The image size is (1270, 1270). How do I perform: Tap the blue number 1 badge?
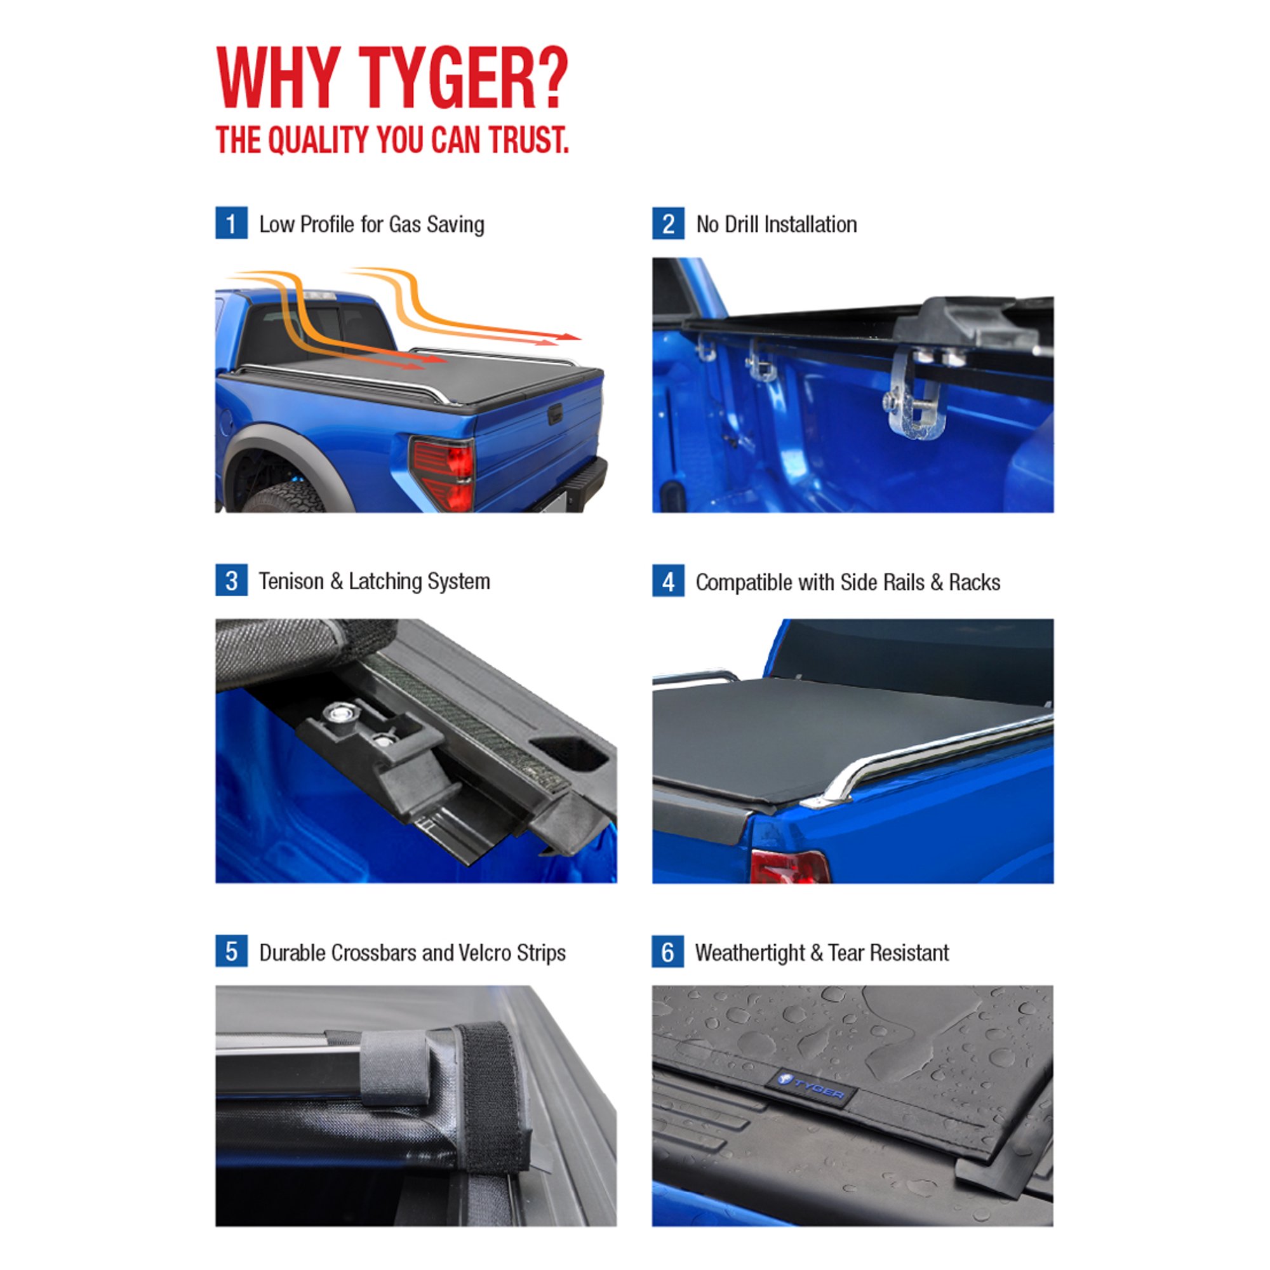point(231,224)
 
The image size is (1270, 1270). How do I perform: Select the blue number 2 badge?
point(668,224)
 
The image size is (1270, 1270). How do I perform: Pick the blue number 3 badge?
point(231,580)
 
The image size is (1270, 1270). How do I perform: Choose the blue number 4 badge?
point(668,581)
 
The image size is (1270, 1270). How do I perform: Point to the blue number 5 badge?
point(231,951)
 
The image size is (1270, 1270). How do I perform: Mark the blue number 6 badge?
point(668,952)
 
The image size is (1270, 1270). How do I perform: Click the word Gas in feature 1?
point(405,225)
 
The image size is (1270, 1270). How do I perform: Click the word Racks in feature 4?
point(974,582)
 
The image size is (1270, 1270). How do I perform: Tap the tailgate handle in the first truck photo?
point(555,414)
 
